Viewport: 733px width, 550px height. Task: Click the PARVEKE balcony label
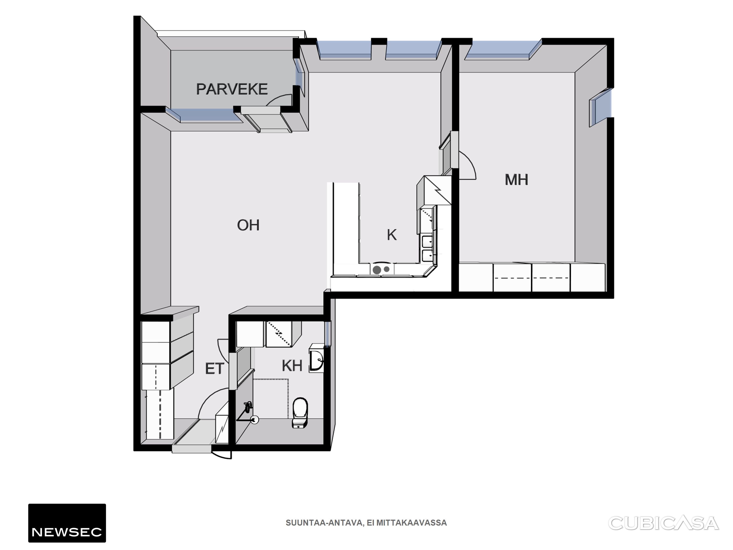[x=232, y=89]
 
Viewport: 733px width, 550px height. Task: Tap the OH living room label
[x=248, y=225]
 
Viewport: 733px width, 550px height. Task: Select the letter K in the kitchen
[x=392, y=235]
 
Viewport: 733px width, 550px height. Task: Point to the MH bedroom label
[x=516, y=180]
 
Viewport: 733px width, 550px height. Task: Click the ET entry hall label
[x=215, y=369]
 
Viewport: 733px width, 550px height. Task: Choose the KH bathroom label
[x=292, y=366]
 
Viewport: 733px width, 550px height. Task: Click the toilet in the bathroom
[x=300, y=413]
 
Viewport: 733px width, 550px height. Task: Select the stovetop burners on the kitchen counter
[x=381, y=269]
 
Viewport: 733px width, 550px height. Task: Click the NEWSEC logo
[x=67, y=523]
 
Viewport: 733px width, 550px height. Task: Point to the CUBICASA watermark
[x=663, y=523]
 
